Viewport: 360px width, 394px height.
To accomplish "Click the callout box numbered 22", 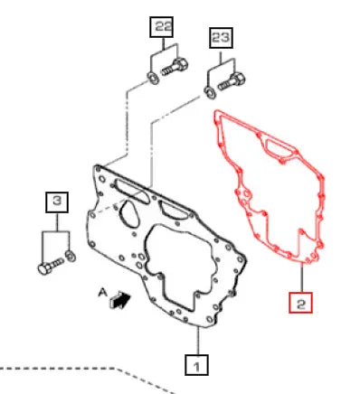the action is pyautogui.click(x=162, y=27).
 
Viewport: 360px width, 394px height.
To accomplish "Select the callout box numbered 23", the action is pyautogui.click(x=221, y=38).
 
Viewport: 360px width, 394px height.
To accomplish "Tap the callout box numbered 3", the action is pyautogui.click(x=57, y=202).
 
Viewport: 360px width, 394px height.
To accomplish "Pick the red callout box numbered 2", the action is pyautogui.click(x=300, y=303).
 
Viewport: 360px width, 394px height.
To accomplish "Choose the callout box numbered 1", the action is pyautogui.click(x=196, y=365).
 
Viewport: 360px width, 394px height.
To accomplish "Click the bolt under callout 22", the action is pyautogui.click(x=175, y=68).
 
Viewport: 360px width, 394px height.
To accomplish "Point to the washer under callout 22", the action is pyautogui.click(x=154, y=78).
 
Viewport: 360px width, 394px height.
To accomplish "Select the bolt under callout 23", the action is pyautogui.click(x=232, y=81).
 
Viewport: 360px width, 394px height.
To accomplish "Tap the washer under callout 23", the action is pyautogui.click(x=210, y=92).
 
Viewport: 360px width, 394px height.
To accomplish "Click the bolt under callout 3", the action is pyautogui.click(x=51, y=266).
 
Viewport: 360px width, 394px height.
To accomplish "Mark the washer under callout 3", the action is pyautogui.click(x=71, y=256).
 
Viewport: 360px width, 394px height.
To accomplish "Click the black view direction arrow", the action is pyautogui.click(x=120, y=300).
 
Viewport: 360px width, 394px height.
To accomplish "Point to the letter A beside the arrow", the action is pyautogui.click(x=103, y=293).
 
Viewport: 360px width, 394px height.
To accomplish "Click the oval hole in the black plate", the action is pyautogui.click(x=128, y=212).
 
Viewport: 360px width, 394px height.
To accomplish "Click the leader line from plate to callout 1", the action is pyautogui.click(x=198, y=341).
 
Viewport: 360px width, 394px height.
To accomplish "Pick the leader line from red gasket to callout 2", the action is pyautogui.click(x=301, y=277).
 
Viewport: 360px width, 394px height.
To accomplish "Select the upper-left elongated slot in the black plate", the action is pyautogui.click(x=132, y=192).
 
